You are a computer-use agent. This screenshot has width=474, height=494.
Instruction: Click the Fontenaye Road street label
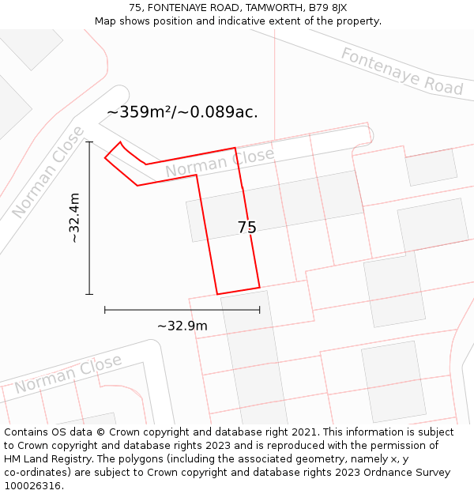click(401, 70)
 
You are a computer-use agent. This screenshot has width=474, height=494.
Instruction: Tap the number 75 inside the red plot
click(246, 228)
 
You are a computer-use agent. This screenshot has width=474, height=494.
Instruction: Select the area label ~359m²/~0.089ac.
click(182, 112)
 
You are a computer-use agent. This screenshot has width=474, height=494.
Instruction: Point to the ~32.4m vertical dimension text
click(74, 217)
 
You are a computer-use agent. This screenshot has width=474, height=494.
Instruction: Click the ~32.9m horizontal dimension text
click(182, 326)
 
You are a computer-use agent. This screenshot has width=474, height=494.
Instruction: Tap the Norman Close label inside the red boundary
click(219, 162)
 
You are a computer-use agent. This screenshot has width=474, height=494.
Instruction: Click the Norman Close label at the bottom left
click(68, 375)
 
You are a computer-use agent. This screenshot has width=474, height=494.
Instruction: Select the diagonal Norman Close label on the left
click(48, 172)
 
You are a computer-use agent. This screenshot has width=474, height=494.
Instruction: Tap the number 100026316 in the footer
click(33, 485)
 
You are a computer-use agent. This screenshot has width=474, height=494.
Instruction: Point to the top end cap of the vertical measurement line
click(89, 142)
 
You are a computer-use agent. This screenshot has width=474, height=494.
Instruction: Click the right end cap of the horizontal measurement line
click(259, 310)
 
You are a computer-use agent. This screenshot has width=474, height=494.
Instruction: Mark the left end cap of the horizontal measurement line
click(105, 310)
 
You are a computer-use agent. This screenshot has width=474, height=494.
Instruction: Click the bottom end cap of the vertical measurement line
click(89, 294)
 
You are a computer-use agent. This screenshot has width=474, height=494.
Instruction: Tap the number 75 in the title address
click(135, 8)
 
